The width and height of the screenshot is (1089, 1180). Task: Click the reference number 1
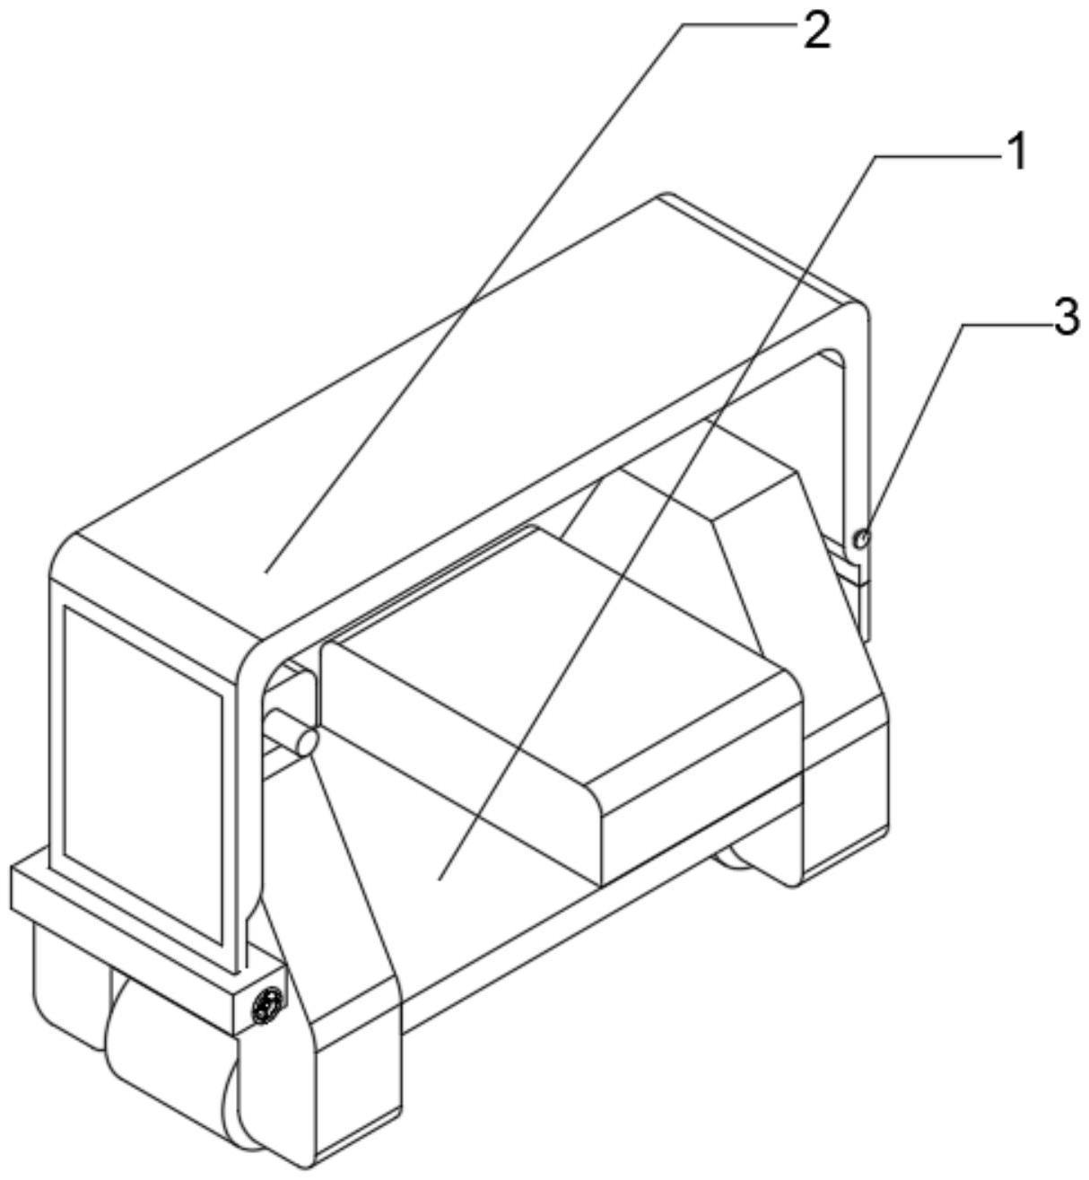1013,153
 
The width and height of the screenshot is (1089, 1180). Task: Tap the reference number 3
1065,317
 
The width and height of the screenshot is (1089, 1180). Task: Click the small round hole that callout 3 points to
861,538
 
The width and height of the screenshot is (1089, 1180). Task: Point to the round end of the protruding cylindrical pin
306,742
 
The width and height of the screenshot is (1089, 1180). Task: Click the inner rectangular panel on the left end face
144,772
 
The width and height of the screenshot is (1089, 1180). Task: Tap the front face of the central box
700,808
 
